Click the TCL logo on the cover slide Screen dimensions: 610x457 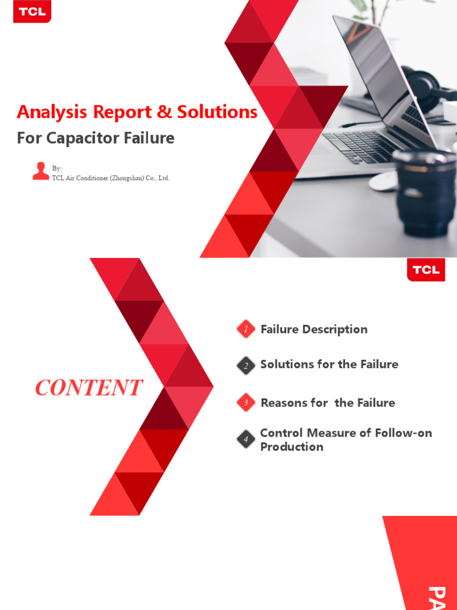(x=32, y=11)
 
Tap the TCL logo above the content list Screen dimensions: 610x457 (x=426, y=269)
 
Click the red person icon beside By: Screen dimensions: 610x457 (x=40, y=170)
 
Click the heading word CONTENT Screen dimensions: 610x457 (x=89, y=388)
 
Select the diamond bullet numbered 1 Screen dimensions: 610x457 (x=246, y=329)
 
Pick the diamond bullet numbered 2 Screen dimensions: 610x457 (x=246, y=365)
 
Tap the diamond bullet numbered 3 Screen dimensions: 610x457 (x=246, y=403)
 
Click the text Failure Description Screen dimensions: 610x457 (x=314, y=329)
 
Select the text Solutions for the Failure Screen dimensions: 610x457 (x=329, y=364)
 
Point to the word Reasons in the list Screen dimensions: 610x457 (x=284, y=403)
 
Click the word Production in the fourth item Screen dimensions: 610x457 (x=292, y=447)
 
